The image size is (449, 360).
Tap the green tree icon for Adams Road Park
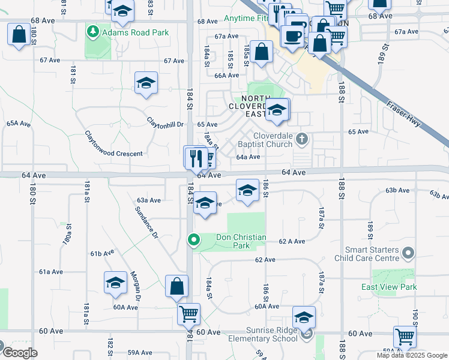[92, 30]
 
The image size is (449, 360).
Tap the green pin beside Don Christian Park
[193, 241]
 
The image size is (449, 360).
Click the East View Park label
[389, 287]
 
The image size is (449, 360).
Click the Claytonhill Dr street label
[165, 122]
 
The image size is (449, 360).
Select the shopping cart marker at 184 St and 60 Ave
[188, 313]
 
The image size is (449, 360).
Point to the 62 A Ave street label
[292, 241]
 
